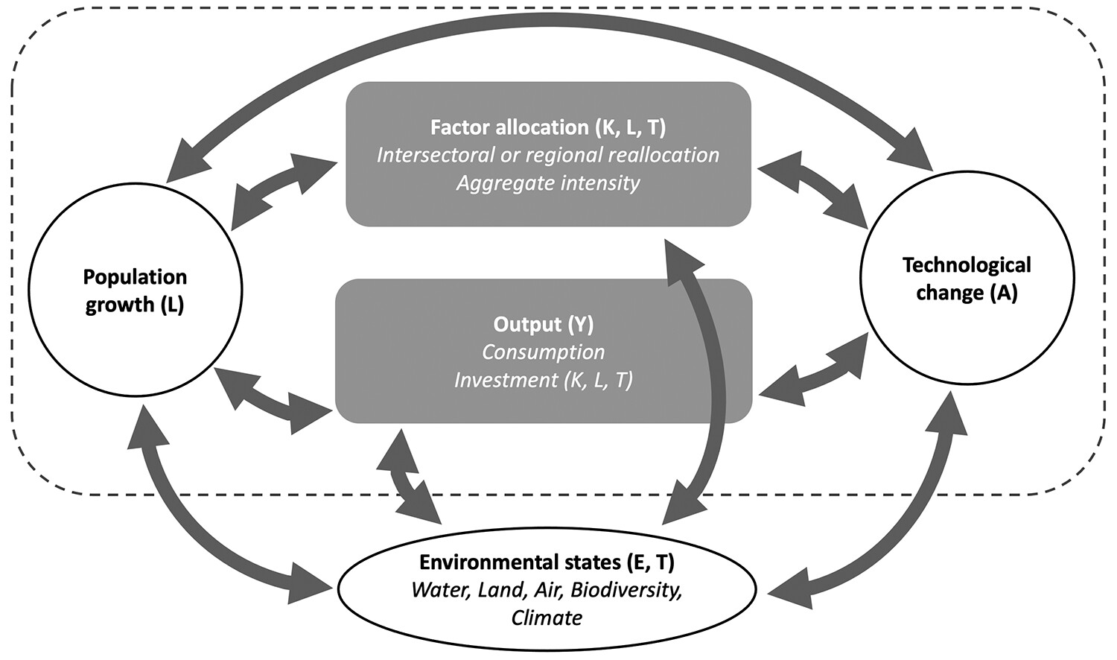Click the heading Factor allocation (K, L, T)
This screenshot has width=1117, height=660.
548,127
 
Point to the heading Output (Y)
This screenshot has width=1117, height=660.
544,324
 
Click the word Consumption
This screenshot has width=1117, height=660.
544,352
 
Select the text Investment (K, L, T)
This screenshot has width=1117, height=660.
544,380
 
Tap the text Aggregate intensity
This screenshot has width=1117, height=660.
548,183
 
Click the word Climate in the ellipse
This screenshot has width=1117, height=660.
547,618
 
